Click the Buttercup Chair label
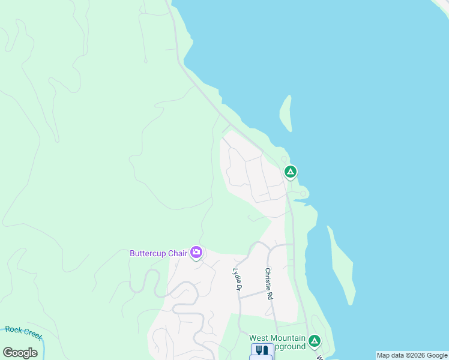[x=158, y=253]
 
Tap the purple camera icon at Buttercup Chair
[x=196, y=253]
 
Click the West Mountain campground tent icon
[x=314, y=342]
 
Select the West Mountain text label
[x=278, y=338]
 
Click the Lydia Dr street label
[x=238, y=280]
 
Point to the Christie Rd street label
[x=270, y=284]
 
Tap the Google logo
[x=20, y=353]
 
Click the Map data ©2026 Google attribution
[x=412, y=355]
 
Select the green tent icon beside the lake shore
[x=290, y=173]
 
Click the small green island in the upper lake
[x=286, y=113]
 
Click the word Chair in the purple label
[x=178, y=253]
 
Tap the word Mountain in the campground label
[x=290, y=338]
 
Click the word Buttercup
[x=148, y=253]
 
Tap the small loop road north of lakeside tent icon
[x=285, y=159]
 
